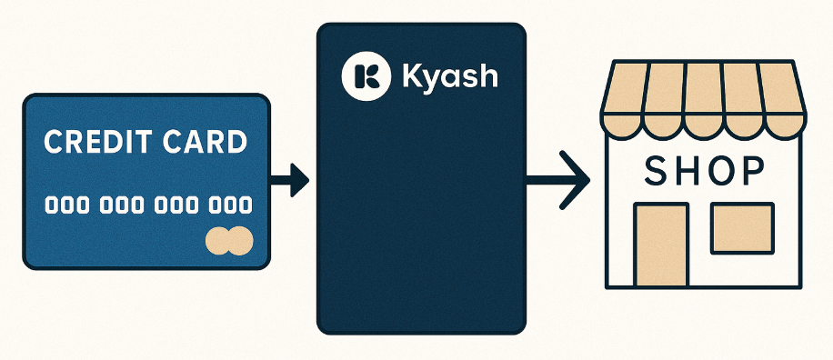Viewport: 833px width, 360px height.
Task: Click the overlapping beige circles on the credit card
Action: tap(228, 240)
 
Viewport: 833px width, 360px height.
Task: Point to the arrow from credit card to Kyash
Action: tap(290, 179)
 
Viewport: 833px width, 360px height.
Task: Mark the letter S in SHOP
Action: tap(657, 170)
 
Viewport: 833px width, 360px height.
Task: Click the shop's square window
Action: tap(741, 228)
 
